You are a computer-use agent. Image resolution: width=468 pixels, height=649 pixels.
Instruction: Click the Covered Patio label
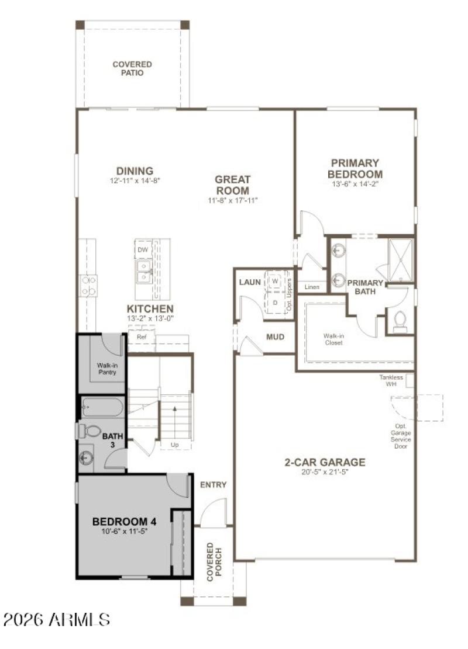coord(132,68)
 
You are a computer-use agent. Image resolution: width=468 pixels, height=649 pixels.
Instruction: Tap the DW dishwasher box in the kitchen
coord(142,250)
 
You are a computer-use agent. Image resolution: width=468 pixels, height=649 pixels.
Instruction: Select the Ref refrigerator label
coord(142,337)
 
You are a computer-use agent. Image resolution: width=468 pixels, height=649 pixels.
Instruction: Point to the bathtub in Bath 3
coord(102,407)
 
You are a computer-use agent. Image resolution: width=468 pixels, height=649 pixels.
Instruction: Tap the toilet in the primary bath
coord(400,321)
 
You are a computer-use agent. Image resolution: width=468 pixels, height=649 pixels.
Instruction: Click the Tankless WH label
coord(391,381)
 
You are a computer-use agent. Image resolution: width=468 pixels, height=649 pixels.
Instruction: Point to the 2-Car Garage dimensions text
coord(325,472)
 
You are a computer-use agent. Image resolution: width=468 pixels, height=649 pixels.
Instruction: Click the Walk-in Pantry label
coord(107,369)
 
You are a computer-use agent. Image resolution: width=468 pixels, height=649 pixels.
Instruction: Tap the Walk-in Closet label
coord(333,339)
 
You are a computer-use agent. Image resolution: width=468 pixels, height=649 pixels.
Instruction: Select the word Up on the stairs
coord(174,445)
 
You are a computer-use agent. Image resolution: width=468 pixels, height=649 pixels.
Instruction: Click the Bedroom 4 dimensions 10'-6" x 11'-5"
coord(123,532)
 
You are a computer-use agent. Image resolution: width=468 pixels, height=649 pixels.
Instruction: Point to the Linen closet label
coord(312,287)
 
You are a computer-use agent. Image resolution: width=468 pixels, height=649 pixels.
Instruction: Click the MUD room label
coord(275,337)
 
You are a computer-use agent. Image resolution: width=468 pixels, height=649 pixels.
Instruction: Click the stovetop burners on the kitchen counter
coord(88,286)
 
